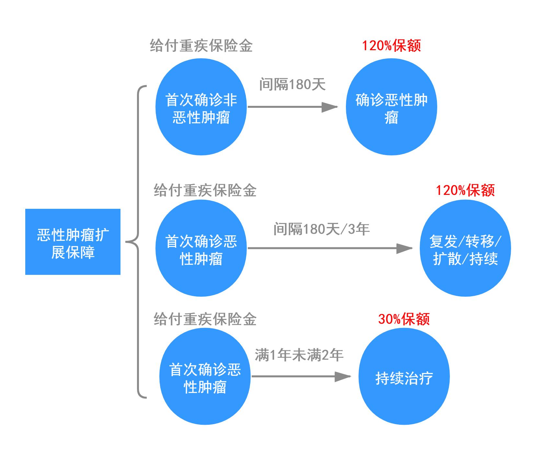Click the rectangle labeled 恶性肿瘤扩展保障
click(x=73, y=242)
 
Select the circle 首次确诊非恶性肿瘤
click(x=201, y=107)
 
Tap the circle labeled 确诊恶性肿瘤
click(x=391, y=107)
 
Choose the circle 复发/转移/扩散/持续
click(x=465, y=248)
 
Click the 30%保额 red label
click(x=404, y=319)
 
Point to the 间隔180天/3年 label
click(x=321, y=229)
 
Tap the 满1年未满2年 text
click(x=299, y=355)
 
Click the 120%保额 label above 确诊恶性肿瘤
click(x=391, y=46)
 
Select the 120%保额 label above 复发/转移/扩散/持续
click(x=465, y=190)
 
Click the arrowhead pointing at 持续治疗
click(x=343, y=377)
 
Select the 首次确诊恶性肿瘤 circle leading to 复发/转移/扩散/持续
click(x=201, y=248)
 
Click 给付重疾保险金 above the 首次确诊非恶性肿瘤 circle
click(x=201, y=46)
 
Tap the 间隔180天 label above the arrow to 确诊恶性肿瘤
click(x=292, y=84)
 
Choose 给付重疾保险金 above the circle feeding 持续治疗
click(x=205, y=319)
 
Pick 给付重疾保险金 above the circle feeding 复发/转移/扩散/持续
click(x=205, y=190)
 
